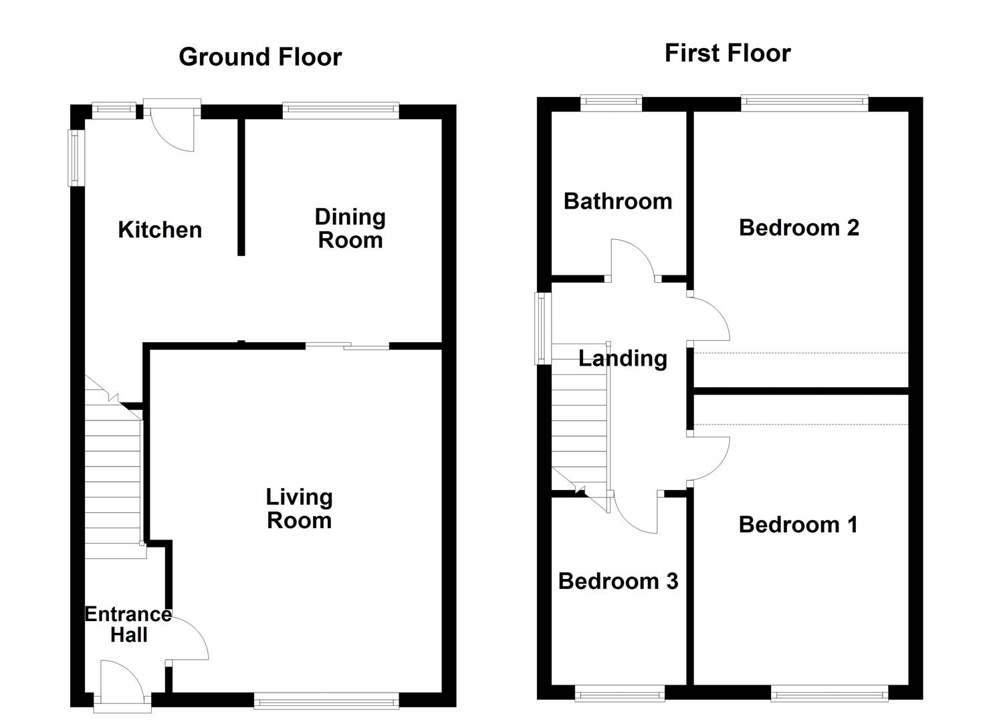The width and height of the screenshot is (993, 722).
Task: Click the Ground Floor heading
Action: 260,57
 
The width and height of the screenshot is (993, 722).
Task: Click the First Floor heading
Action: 728,53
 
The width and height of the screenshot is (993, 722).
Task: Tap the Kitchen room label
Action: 160,229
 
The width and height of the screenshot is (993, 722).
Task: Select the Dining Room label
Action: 350,228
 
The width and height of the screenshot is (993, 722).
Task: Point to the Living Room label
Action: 299,508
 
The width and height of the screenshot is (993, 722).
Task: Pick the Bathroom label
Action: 618,201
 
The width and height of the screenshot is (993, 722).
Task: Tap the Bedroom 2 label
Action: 799,228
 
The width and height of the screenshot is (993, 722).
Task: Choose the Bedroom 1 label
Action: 798,525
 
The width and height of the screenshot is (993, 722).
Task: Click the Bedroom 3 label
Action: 618,581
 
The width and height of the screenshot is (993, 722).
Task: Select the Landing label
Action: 623,358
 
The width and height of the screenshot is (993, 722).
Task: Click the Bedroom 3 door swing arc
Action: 629,523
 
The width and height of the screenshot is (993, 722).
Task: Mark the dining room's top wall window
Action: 341,111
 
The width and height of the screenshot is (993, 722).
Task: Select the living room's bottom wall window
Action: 326,701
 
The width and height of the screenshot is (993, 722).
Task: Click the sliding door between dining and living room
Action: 348,346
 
